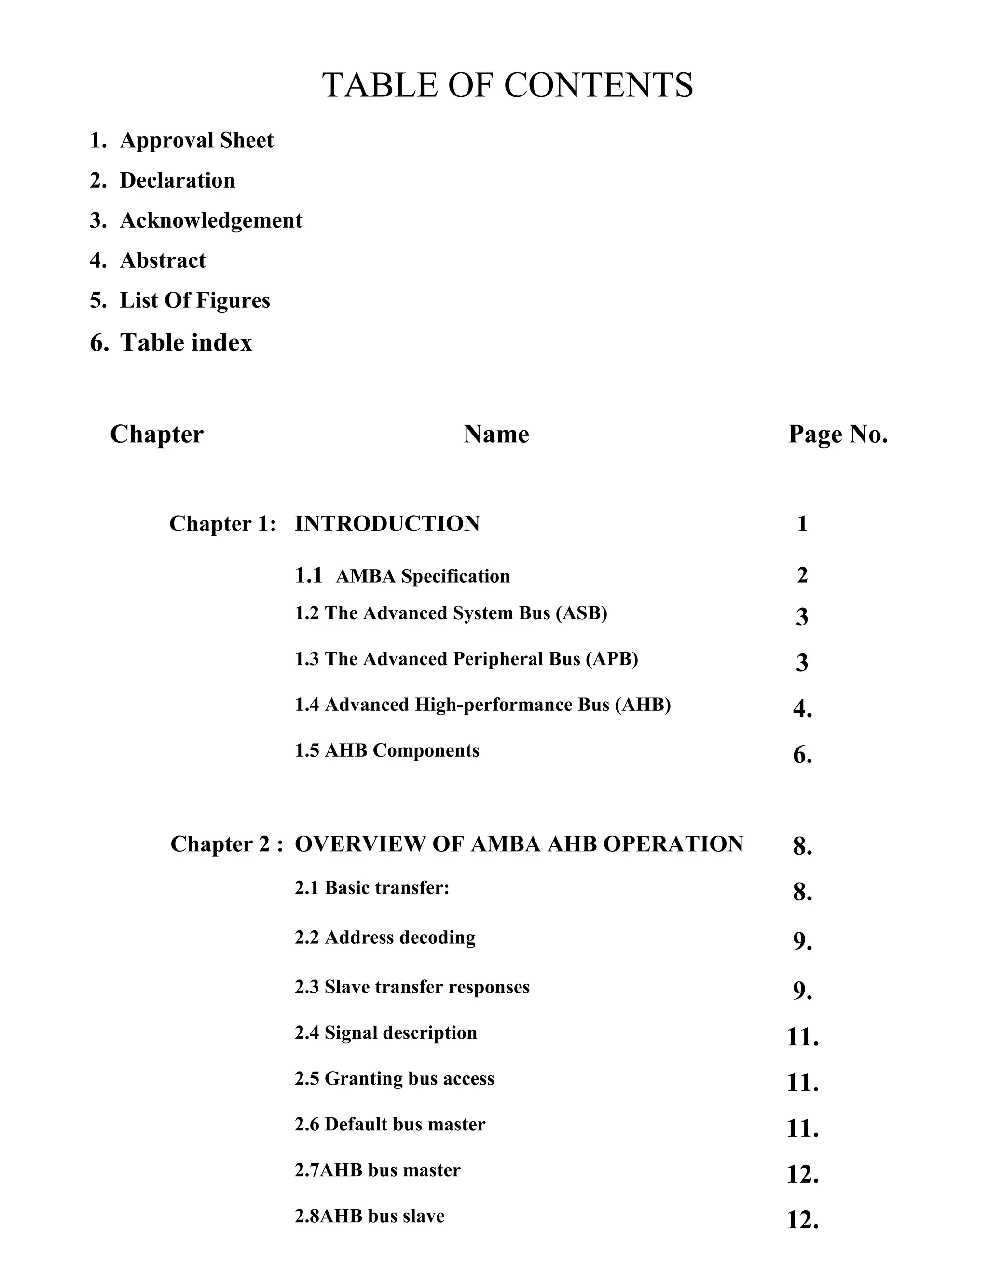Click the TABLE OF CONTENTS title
pyautogui.click(x=508, y=85)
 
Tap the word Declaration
pyautogui.click(x=178, y=180)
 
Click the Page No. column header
pyautogui.click(x=837, y=434)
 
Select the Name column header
pyautogui.click(x=496, y=434)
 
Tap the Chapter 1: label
pyautogui.click(x=222, y=524)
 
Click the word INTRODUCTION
pyautogui.click(x=387, y=524)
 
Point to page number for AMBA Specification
pyautogui.click(x=802, y=575)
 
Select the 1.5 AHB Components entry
pyautogui.click(x=387, y=751)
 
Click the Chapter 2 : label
pyautogui.click(x=227, y=844)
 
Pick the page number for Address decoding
pyautogui.click(x=802, y=941)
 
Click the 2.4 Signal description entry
pyautogui.click(x=386, y=1033)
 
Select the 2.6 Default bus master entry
pyautogui.click(x=390, y=1124)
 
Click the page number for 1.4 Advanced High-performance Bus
pyautogui.click(x=802, y=709)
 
